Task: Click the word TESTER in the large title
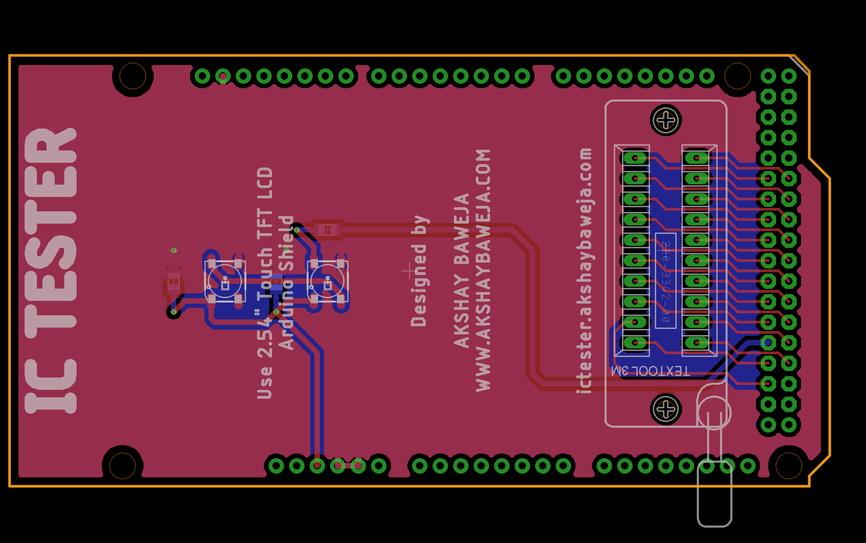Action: pyautogui.click(x=51, y=233)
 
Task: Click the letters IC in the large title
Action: pyautogui.click(x=51, y=386)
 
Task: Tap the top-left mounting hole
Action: pyautogui.click(x=132, y=76)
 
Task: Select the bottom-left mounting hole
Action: pyautogui.click(x=122, y=466)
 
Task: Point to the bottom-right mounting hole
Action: pyautogui.click(x=788, y=466)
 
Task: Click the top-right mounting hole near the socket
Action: pyautogui.click(x=738, y=76)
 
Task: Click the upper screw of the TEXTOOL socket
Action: pyautogui.click(x=666, y=120)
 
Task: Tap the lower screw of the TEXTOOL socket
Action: pyautogui.click(x=666, y=409)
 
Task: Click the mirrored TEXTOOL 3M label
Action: pyautogui.click(x=650, y=371)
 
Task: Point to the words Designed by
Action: pyautogui.click(x=419, y=271)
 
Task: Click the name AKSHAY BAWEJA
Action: pyautogui.click(x=462, y=271)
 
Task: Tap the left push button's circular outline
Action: pyautogui.click(x=225, y=281)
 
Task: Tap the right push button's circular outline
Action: pyautogui.click(x=327, y=281)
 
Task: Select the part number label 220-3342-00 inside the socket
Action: pyautogui.click(x=666, y=281)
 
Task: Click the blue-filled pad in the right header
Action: pyautogui.click(x=768, y=342)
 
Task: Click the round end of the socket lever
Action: pyautogui.click(x=714, y=413)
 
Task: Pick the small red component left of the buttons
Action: pyautogui.click(x=174, y=281)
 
